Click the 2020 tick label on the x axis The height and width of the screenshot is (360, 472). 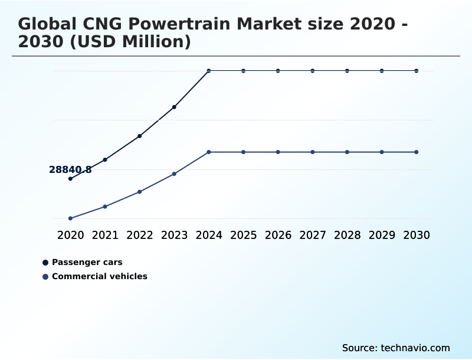(x=70, y=235)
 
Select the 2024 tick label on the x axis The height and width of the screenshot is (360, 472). (x=209, y=235)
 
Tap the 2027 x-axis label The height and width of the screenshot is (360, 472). (x=313, y=235)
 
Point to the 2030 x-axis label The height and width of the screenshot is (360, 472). (x=417, y=235)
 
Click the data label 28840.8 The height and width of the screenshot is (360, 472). (x=70, y=170)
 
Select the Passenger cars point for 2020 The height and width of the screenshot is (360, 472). (x=70, y=179)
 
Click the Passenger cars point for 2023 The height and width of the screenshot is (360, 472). (x=174, y=107)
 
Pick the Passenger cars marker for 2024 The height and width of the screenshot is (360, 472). (x=209, y=71)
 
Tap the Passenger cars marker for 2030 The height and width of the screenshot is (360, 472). (x=417, y=71)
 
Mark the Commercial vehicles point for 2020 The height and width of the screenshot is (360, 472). (x=70, y=218)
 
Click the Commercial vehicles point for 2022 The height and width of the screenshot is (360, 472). (x=140, y=192)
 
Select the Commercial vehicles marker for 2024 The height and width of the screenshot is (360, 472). (x=209, y=152)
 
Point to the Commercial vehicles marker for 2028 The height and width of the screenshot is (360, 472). (x=348, y=152)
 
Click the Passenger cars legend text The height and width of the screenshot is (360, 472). (x=87, y=262)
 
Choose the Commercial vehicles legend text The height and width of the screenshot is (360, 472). (x=100, y=276)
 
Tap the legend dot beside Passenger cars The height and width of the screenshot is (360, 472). (x=45, y=263)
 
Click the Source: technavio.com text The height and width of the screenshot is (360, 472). (x=396, y=348)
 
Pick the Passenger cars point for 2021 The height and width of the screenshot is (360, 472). (x=105, y=159)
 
